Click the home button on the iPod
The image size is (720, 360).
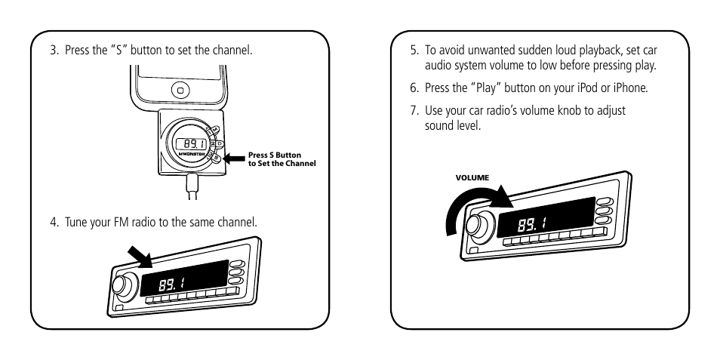click(x=180, y=91)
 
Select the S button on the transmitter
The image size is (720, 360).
click(x=216, y=158)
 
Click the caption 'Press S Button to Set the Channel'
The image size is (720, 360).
click(x=282, y=159)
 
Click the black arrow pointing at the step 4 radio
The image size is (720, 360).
click(x=142, y=256)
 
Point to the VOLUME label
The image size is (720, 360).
click(x=471, y=178)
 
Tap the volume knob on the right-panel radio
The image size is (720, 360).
click(x=478, y=225)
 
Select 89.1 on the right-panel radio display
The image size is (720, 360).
click(x=532, y=224)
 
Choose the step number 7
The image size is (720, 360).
click(x=414, y=110)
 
